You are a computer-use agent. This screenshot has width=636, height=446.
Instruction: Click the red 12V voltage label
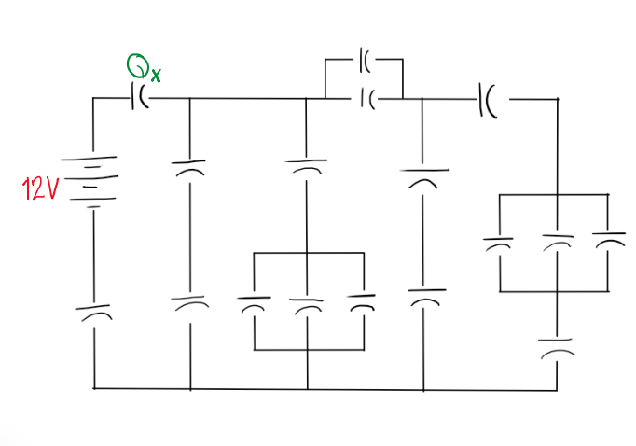click(x=40, y=189)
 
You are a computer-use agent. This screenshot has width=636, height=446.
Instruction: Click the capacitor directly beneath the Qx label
click(x=140, y=97)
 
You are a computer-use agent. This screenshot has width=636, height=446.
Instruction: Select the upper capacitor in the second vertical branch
click(x=189, y=167)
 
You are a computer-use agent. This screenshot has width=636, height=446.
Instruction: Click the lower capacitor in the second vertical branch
click(x=189, y=303)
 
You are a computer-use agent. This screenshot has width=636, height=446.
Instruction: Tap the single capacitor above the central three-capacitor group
click(x=307, y=165)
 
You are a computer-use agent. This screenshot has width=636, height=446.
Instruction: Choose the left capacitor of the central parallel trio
click(x=255, y=303)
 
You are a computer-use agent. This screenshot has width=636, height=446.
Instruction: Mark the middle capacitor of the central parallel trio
click(x=307, y=304)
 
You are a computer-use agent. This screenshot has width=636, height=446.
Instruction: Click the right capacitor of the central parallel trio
click(x=361, y=302)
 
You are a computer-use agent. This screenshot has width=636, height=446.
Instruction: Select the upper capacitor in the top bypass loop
click(x=364, y=63)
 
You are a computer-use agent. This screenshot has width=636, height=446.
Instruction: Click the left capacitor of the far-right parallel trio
click(x=500, y=244)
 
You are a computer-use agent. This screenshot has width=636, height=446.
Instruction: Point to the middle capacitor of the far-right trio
click(x=556, y=244)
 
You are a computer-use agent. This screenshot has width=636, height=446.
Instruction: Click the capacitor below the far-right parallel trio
click(x=556, y=347)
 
